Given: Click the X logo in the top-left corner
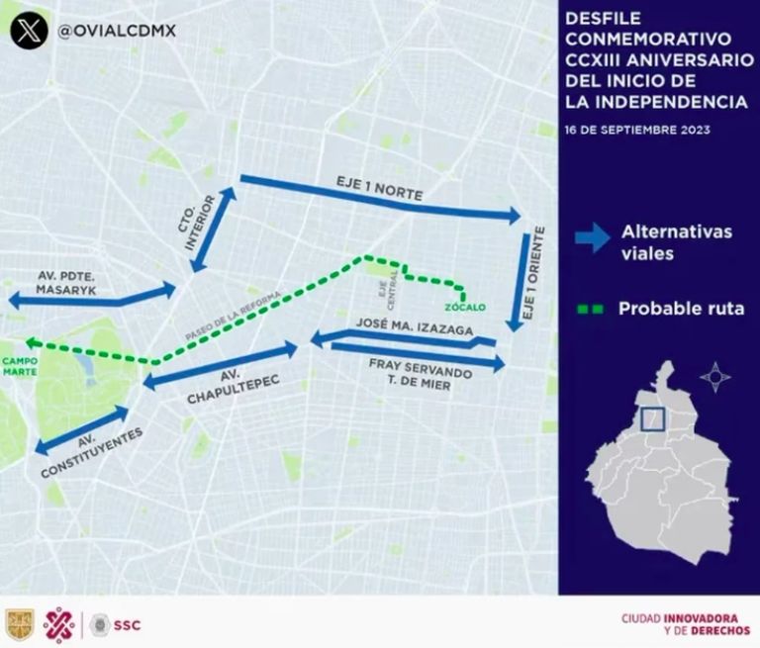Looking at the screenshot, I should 30,29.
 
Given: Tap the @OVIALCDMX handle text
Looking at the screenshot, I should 118,30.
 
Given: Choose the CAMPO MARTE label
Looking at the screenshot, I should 19,366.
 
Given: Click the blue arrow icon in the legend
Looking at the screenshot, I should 592,238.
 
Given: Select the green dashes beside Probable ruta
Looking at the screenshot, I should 590,310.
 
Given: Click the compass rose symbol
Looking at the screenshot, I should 714,376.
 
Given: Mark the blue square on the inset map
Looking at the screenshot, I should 652,419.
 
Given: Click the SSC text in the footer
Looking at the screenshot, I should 128,624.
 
